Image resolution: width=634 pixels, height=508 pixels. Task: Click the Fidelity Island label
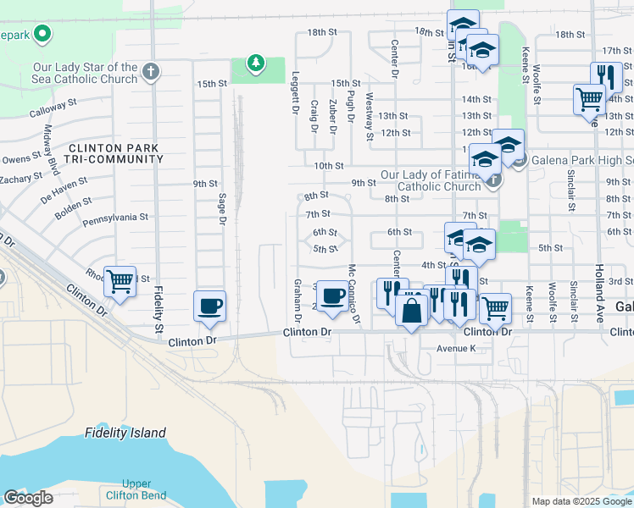click(125, 433)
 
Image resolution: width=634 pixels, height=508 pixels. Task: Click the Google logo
click(28, 498)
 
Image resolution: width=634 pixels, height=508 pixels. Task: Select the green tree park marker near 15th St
click(255, 63)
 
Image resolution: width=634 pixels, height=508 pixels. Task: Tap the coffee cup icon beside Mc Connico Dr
click(333, 295)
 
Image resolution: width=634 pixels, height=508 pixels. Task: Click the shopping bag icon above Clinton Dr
click(411, 311)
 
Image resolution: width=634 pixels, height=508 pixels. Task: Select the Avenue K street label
click(459, 348)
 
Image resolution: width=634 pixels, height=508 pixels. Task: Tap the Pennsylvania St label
click(116, 218)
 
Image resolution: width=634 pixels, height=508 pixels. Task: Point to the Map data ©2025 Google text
click(581, 501)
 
